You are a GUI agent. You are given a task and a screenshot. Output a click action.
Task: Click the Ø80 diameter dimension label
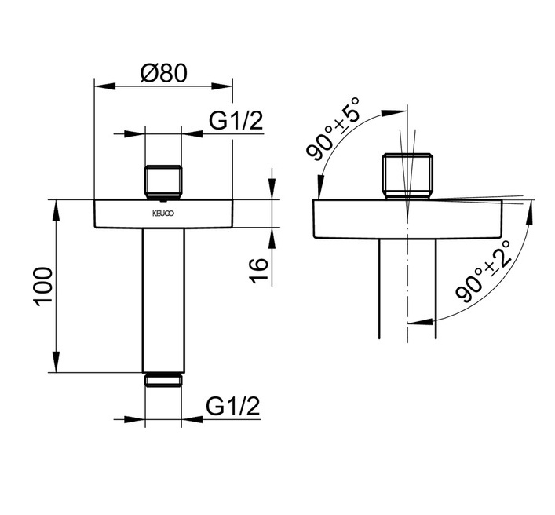(163, 73)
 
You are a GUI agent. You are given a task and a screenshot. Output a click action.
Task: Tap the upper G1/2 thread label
(236, 121)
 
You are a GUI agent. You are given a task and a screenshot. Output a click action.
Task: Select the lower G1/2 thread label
(233, 406)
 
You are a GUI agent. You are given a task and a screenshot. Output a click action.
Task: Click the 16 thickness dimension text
(260, 270)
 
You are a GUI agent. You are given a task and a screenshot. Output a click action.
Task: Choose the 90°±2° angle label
(484, 272)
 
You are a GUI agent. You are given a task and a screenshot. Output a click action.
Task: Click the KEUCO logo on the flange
(163, 214)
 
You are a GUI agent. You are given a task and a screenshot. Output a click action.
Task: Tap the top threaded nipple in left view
(163, 182)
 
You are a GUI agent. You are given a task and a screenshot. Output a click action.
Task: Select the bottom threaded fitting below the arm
(163, 380)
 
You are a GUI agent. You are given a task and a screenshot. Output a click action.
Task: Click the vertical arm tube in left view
(163, 300)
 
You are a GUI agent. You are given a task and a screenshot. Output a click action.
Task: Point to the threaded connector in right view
(407, 177)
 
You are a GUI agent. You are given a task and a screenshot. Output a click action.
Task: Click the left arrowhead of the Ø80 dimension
(104, 86)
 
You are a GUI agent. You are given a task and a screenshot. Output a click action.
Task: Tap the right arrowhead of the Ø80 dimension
(222, 86)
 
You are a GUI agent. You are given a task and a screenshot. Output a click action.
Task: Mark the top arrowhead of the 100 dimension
(56, 210)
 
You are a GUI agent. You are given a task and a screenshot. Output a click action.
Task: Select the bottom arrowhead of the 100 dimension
(56, 362)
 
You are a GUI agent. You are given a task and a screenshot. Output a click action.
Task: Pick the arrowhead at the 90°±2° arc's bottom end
(420, 322)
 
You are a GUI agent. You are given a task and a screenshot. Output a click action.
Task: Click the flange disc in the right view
(407, 219)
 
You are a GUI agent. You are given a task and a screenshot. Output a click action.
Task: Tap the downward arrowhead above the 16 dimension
(272, 189)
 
